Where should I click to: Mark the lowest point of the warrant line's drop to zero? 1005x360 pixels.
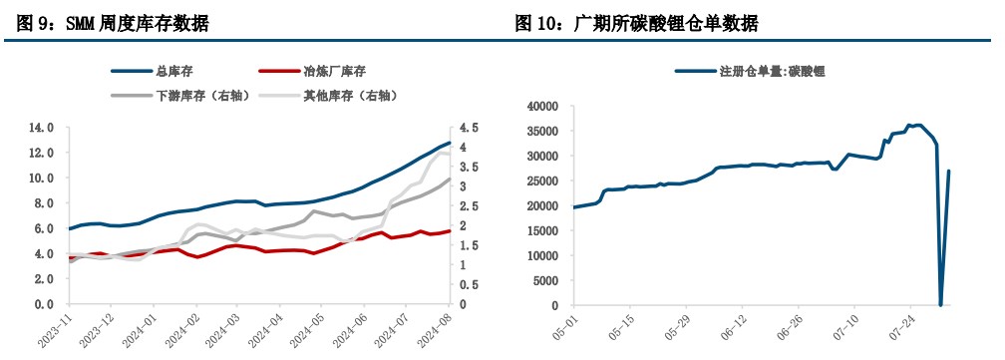coord(940,304)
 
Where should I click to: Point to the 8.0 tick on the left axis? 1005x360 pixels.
coord(44,203)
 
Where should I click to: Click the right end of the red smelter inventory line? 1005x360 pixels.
coord(451,230)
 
